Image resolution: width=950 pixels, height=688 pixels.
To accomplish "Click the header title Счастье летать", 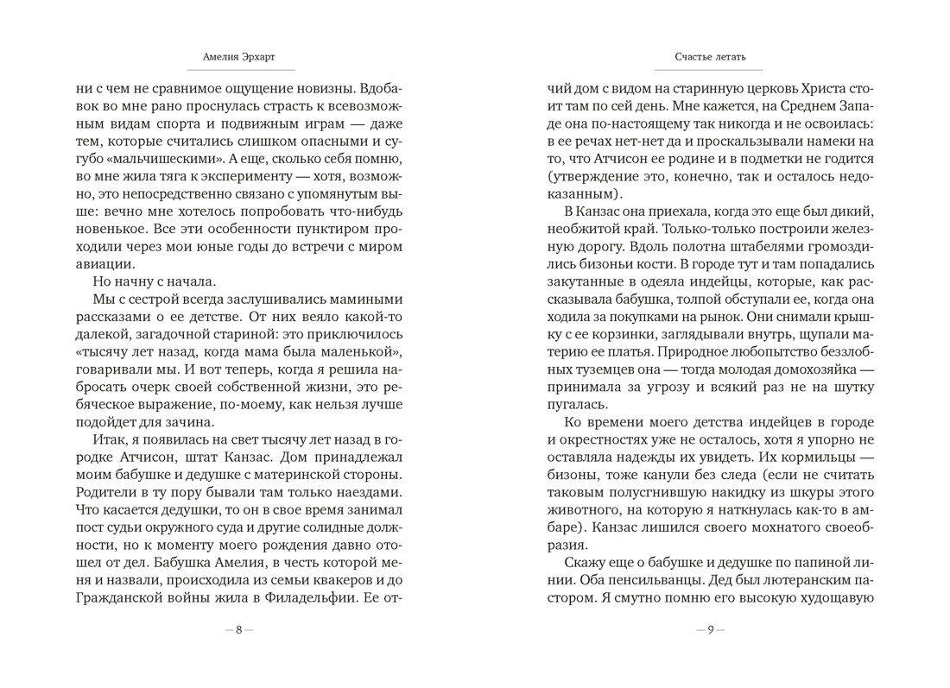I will tap(710, 58).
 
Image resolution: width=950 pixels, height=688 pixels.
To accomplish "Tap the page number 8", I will tap(239, 630).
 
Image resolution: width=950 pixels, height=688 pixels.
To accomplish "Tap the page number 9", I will tap(710, 630).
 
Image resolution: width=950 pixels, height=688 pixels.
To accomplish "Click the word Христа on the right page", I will tap(815, 88).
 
